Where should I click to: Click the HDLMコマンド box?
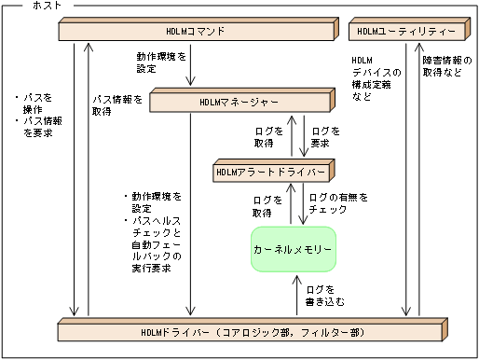point(197,32)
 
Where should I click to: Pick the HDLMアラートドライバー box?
point(271,172)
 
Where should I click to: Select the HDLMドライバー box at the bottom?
point(248,331)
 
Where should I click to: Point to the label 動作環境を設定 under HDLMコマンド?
point(159,62)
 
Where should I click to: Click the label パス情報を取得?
point(116,104)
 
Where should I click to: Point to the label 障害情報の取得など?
point(446,68)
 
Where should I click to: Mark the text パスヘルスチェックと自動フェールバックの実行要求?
point(152,237)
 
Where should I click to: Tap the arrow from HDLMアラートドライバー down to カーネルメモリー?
point(301,204)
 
